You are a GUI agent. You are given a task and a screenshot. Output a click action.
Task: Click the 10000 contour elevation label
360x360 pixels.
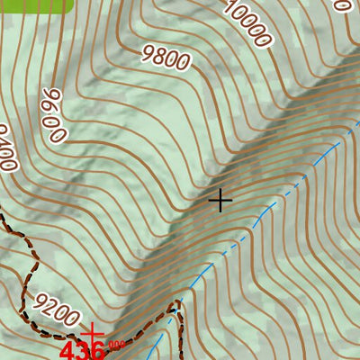[247, 24]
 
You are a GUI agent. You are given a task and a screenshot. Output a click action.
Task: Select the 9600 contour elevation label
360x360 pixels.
[53, 116]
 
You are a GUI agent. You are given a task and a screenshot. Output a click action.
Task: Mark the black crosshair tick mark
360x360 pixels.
[220, 200]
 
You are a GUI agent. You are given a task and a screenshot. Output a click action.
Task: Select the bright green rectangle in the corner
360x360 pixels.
[36, 5]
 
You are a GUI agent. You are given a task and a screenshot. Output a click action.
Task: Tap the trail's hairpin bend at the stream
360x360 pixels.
[175, 310]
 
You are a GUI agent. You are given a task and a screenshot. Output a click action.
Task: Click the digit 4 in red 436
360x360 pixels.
[68, 349]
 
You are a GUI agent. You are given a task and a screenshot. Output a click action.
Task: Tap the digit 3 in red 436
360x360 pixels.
[85, 349]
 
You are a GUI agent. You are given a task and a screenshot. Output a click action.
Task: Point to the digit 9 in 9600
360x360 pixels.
[49, 97]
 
